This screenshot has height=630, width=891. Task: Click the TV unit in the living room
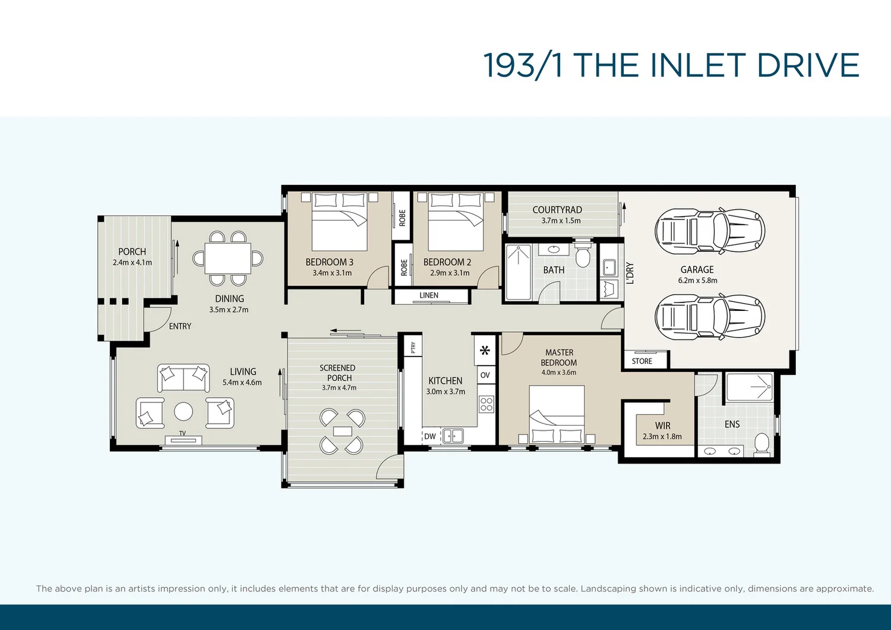coord(183,440)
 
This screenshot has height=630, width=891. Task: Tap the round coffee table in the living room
coord(183,411)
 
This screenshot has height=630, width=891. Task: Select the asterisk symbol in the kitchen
coord(485,351)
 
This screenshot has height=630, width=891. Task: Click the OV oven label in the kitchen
coord(485,375)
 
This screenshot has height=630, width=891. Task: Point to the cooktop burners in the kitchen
coord(486,405)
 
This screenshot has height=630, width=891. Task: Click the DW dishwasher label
coord(430,436)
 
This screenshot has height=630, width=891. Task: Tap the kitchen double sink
coord(453,436)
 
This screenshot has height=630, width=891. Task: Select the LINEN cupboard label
coord(429,295)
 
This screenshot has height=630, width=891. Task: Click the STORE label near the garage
coord(642,361)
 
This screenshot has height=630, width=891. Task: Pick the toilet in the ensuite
coord(761,443)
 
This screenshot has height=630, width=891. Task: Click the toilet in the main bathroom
coord(583,256)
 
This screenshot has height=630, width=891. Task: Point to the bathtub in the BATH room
coord(518,272)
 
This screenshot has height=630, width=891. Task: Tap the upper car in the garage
coord(709,231)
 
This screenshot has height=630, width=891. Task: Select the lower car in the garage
coord(709,316)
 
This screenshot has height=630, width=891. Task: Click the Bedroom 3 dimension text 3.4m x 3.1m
coord(332,273)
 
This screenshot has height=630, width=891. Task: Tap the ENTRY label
coord(180,326)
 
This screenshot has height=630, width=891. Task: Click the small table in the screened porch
coord(342,431)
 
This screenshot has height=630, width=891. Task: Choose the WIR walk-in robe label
coord(662,426)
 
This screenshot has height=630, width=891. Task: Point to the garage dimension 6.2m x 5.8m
coord(697,281)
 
